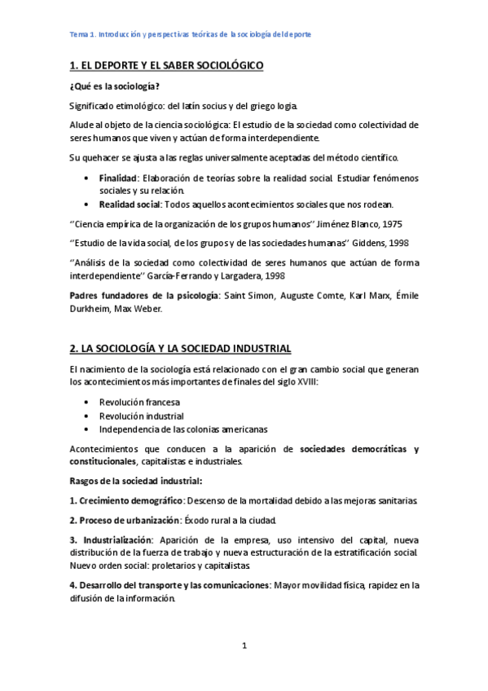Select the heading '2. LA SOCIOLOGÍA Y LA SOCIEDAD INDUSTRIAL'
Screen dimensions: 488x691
coord(180,348)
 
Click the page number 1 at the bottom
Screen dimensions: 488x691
coord(244,645)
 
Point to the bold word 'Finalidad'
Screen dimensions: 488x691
coord(117,177)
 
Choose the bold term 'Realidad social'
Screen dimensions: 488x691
coord(129,204)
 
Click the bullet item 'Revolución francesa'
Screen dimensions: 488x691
coord(139,403)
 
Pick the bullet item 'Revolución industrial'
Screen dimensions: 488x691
coord(141,416)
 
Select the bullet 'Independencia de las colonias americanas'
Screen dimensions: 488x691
coord(182,429)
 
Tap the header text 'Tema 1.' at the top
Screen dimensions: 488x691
coord(82,34)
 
